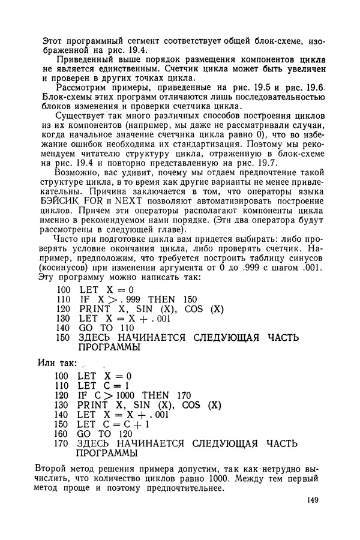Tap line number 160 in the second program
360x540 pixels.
click(62, 433)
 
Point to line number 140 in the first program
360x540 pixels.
click(62, 328)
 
